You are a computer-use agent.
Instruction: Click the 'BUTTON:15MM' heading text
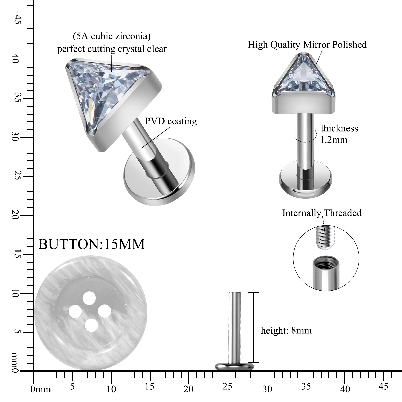coord(92,244)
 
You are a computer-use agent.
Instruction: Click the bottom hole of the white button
coord(91,325)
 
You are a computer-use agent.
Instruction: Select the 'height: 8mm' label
coord(286,330)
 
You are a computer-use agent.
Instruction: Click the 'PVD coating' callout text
coord(171,121)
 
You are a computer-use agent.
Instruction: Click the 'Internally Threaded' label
coord(322,213)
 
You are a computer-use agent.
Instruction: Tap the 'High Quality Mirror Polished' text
coord(307,45)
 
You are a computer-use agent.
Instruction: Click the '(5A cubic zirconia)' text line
coord(112,36)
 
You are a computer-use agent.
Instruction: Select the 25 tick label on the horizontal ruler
coord(227,386)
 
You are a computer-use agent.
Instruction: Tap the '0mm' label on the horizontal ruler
coord(40,389)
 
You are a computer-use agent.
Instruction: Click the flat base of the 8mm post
coord(234,367)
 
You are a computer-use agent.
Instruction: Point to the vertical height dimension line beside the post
coord(253,327)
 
